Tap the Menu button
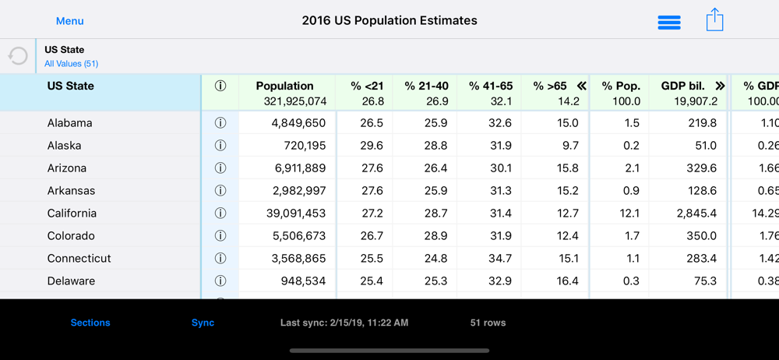click(x=69, y=21)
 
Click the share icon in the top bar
click(x=714, y=20)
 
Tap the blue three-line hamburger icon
click(x=669, y=23)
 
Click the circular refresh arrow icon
click(x=17, y=56)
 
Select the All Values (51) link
click(x=71, y=64)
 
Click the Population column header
click(x=284, y=86)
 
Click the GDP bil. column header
click(x=682, y=86)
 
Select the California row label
click(x=72, y=214)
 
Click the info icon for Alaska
click(x=220, y=146)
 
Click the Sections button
click(x=90, y=323)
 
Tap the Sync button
click(x=203, y=323)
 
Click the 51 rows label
click(x=488, y=323)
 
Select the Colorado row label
click(x=71, y=236)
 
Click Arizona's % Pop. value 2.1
click(x=632, y=168)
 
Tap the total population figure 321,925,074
click(x=291, y=101)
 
